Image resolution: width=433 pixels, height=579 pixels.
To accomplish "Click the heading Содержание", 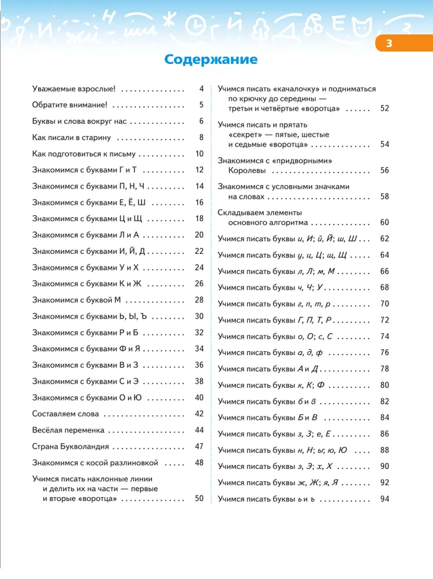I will click(211, 60).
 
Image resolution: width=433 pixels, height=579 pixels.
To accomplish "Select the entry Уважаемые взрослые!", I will click(74, 89).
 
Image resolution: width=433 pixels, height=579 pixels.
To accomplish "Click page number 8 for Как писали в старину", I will click(201, 137).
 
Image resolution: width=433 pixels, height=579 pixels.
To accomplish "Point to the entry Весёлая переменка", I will click(69, 430).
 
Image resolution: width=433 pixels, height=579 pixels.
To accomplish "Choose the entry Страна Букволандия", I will click(71, 446).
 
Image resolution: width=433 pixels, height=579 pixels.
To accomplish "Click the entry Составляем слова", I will click(67, 414).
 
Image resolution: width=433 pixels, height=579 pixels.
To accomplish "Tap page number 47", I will click(199, 446).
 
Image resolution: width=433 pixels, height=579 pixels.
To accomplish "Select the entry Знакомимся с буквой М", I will click(77, 300).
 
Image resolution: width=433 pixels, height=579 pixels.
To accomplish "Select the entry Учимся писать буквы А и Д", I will click(269, 368).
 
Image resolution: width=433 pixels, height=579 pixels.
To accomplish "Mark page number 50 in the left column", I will click(199, 498).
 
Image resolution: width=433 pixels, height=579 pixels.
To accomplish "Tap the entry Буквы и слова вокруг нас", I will click(79, 121).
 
